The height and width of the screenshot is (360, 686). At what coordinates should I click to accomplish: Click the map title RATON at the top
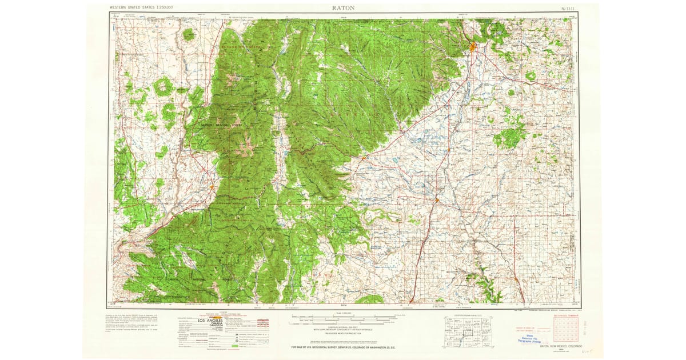point(342,8)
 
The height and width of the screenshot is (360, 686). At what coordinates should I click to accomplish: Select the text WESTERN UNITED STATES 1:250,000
point(141,7)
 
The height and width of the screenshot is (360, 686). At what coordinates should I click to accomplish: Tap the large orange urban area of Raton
point(472,47)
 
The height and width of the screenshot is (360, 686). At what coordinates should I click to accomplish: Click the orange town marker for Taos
point(212,186)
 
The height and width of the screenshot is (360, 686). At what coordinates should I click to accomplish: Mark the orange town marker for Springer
point(436,200)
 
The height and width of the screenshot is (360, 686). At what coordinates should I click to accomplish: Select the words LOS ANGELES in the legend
point(210,321)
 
